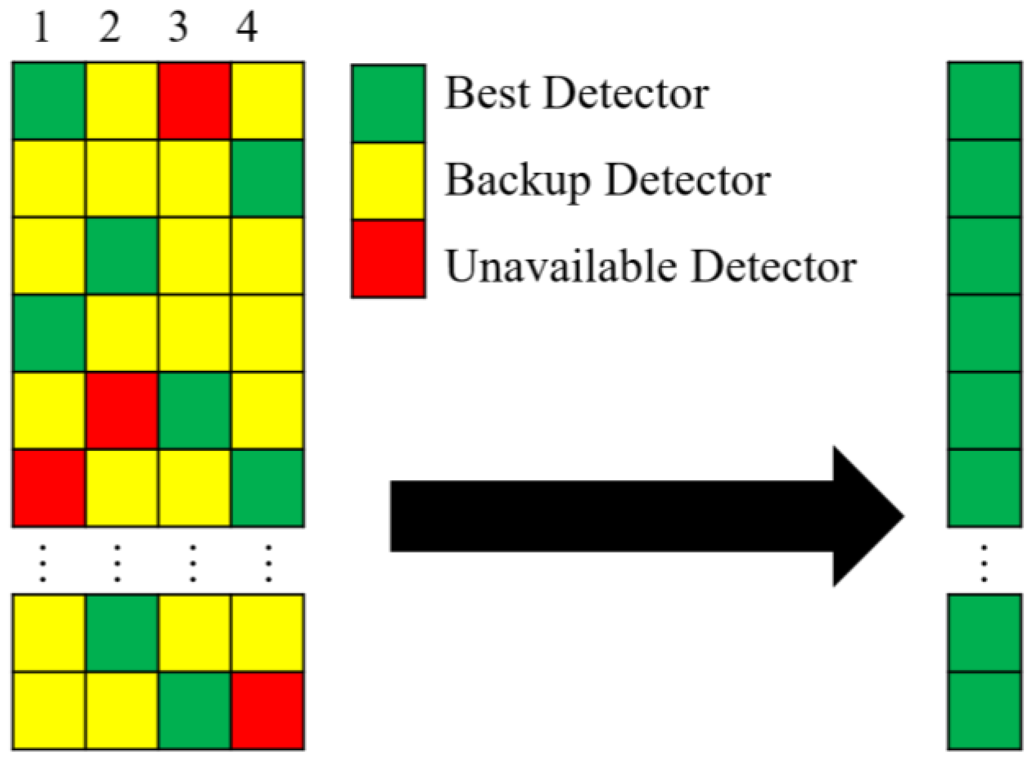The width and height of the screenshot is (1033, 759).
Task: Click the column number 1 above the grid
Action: pos(42,28)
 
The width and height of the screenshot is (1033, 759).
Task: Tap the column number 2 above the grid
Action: pos(110,28)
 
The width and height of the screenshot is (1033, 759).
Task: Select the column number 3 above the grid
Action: pos(178,28)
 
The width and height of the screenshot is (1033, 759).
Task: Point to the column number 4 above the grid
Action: pos(246,28)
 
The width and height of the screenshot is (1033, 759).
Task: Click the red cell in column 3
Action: pos(195,101)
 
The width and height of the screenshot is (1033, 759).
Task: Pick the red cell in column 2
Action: pos(122,411)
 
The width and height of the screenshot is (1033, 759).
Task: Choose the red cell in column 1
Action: pos(49,488)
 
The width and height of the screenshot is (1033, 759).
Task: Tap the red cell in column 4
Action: pos(268,711)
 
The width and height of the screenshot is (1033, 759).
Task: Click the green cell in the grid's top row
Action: pos(49,101)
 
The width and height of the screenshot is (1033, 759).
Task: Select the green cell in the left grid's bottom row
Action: pos(195,711)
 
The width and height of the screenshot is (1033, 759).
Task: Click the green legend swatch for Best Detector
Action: pos(388,103)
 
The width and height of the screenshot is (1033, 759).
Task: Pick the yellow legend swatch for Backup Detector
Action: pos(388,181)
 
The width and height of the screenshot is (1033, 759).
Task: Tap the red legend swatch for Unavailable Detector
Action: pos(388,259)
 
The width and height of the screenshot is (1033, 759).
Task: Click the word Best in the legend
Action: pos(487,93)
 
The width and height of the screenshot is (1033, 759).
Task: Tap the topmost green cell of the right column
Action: pos(984,101)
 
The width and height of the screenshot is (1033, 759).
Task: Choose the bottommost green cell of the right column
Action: pos(984,711)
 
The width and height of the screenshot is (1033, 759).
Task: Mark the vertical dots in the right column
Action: pos(983,564)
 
